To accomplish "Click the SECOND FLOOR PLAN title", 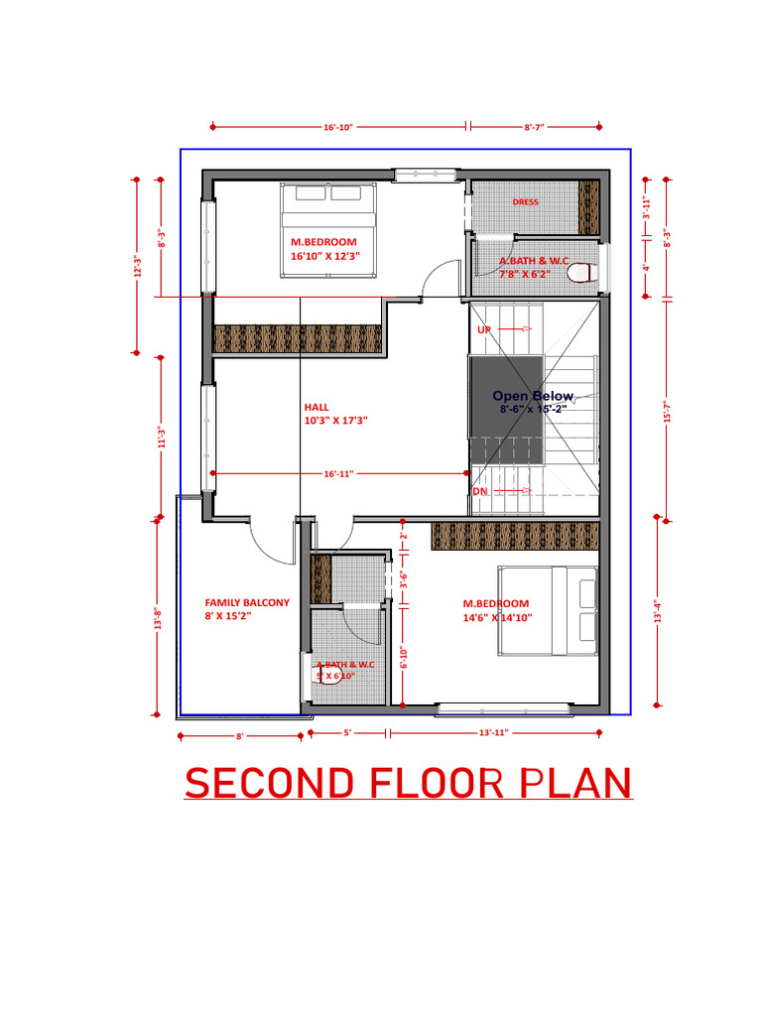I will pos(408,784).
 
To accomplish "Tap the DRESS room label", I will pos(525,202).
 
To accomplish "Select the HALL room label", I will pos(317,406).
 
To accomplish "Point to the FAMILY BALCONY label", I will pos(247,602).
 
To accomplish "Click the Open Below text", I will pos(533,396).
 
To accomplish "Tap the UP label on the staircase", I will pos(484,328).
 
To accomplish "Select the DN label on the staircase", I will pos(480,491).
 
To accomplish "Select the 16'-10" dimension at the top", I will pos(338,127).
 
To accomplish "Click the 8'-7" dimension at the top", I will pos(534,127).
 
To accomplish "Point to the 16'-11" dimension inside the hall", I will pos(338,474).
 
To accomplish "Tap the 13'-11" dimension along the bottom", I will pos(492,732).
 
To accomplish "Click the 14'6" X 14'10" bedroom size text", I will pos(497,617).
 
